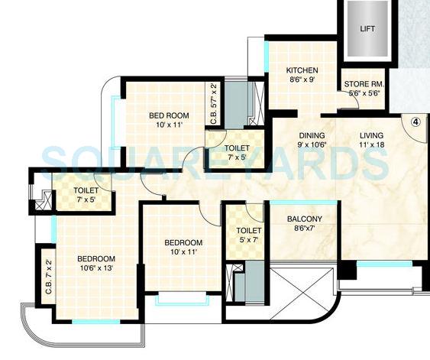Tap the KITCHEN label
(x=280, y=70)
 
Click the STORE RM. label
(x=363, y=83)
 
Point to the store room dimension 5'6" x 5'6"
(x=363, y=92)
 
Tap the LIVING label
(x=372, y=136)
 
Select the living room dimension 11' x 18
(x=372, y=146)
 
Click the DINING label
(x=311, y=136)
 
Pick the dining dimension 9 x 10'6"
(x=311, y=146)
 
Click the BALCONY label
(x=304, y=219)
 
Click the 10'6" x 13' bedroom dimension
(x=96, y=268)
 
